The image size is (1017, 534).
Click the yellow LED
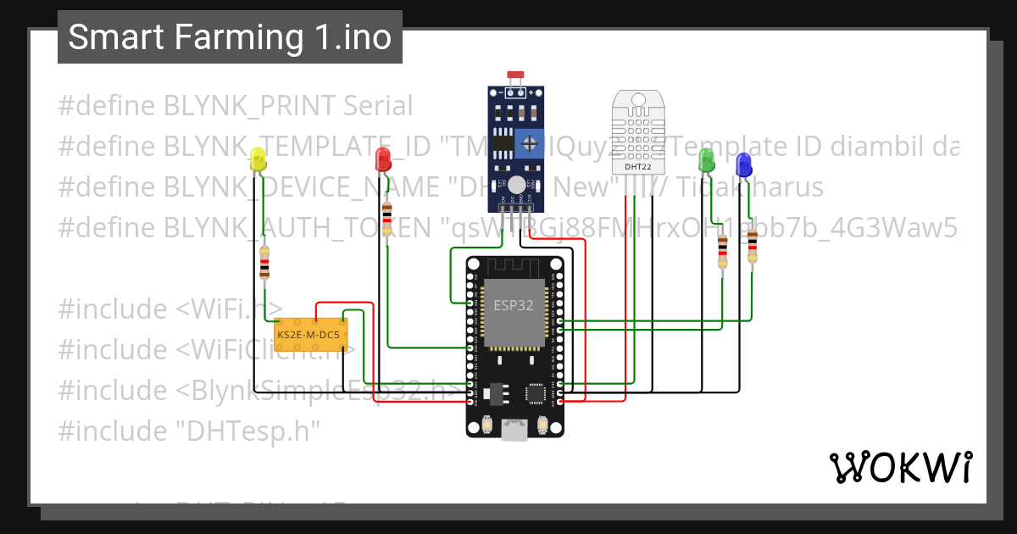pyautogui.click(x=258, y=159)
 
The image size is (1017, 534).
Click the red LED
pyautogui.click(x=383, y=158)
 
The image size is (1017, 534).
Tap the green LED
pyautogui.click(x=706, y=159)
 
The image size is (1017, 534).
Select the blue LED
pyautogui.click(x=743, y=164)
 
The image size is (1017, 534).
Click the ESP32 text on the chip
pyautogui.click(x=514, y=305)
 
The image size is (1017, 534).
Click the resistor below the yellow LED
pyautogui.click(x=264, y=262)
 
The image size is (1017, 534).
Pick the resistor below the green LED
pyautogui.click(x=722, y=251)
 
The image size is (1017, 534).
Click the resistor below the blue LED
pyautogui.click(x=752, y=245)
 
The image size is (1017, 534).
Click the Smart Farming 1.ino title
pyautogui.click(x=230, y=37)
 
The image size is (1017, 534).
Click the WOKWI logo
pyautogui.click(x=899, y=467)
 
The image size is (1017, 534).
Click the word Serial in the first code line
pyautogui.click(x=377, y=106)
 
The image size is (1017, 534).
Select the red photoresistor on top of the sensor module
pyautogui.click(x=514, y=76)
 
